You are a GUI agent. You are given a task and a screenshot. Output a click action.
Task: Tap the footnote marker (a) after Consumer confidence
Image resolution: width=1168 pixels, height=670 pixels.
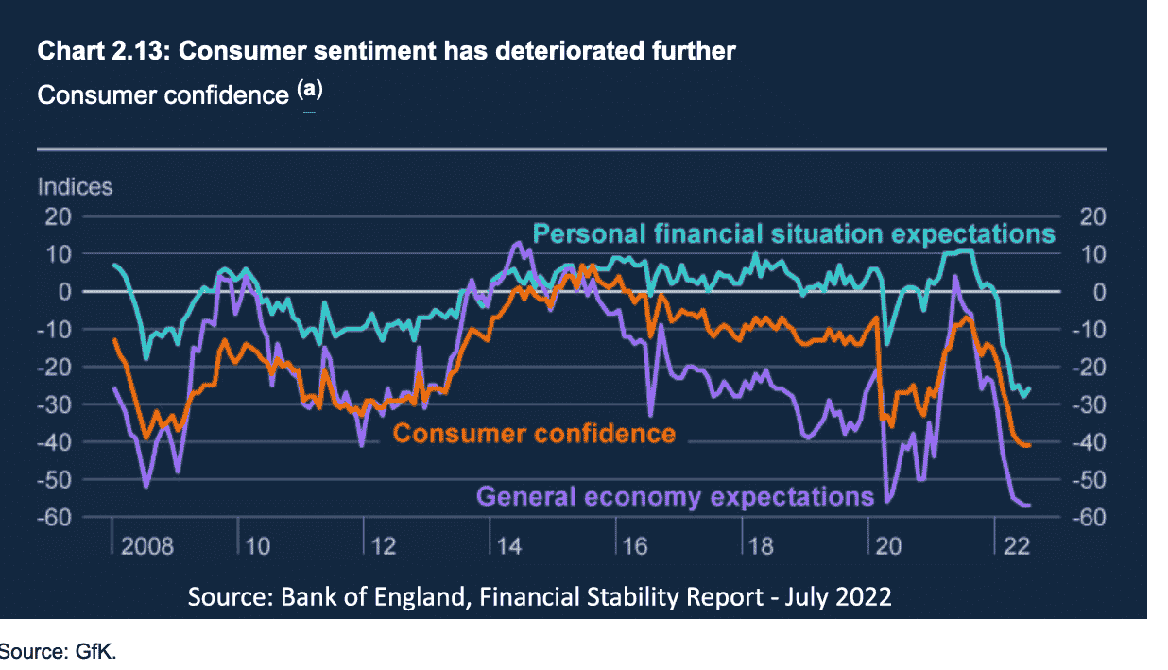coord(310,91)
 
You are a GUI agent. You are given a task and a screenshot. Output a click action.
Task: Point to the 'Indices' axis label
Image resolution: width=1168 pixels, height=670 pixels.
coord(75,186)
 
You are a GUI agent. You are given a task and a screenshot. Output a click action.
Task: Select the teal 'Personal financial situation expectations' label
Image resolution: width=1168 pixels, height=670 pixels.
coord(793,233)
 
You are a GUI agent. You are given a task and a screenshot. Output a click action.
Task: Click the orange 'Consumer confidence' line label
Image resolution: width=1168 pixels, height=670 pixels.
coord(534,434)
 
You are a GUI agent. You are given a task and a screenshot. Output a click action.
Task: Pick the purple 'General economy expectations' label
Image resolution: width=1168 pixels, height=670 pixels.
coord(675,496)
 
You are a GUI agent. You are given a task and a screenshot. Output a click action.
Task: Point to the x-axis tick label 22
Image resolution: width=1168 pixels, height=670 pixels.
coord(1017,547)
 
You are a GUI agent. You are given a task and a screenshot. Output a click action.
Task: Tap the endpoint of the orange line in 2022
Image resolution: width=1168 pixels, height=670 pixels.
coord(1027,445)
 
